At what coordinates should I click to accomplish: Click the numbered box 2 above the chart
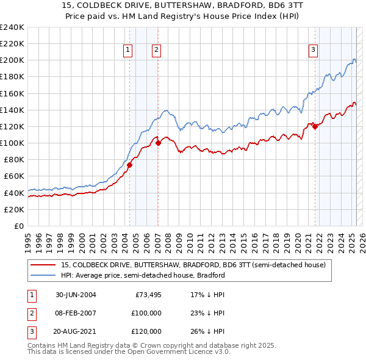coord(157,51)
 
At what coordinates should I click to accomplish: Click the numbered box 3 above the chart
coord(313,51)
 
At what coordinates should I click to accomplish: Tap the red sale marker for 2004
coord(130,165)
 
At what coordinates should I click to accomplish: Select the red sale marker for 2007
coord(158,143)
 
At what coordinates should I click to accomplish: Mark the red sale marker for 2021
coord(315,126)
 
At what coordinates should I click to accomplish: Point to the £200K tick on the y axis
coord(12,60)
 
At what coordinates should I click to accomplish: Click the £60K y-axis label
coord(14,176)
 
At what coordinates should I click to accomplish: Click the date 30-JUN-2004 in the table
coord(76,295)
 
